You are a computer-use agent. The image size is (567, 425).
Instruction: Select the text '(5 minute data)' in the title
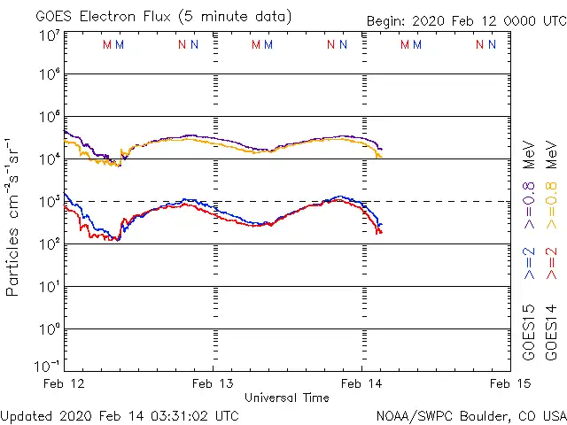(x=236, y=17)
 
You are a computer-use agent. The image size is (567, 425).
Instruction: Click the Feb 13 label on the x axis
(x=214, y=383)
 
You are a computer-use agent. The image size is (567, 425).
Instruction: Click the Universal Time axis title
(x=287, y=398)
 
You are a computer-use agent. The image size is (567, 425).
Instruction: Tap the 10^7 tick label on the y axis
(x=48, y=36)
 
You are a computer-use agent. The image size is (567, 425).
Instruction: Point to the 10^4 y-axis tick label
(x=48, y=159)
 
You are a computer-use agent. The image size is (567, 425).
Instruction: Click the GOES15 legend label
(x=529, y=330)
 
